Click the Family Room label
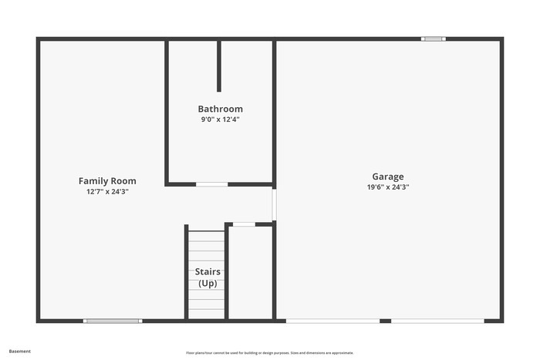pos(107,181)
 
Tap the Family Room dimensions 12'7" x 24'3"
pos(107,191)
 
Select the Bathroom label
pos(220,109)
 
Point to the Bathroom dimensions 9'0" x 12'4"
pos(220,119)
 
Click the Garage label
pos(388,177)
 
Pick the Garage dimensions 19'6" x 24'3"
pos(388,187)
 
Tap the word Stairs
pos(207,272)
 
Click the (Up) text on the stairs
pos(207,283)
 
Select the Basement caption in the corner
pos(20,351)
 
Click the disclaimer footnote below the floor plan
pos(269,352)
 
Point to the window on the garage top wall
pos(433,39)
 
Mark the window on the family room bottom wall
pos(113,321)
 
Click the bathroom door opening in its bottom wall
pos(211,184)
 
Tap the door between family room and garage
pos(274,204)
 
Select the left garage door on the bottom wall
pos(332,321)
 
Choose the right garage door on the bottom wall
pos(437,321)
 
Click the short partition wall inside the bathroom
pos(219,66)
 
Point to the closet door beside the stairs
pos(244,224)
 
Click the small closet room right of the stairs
pos(251,274)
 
